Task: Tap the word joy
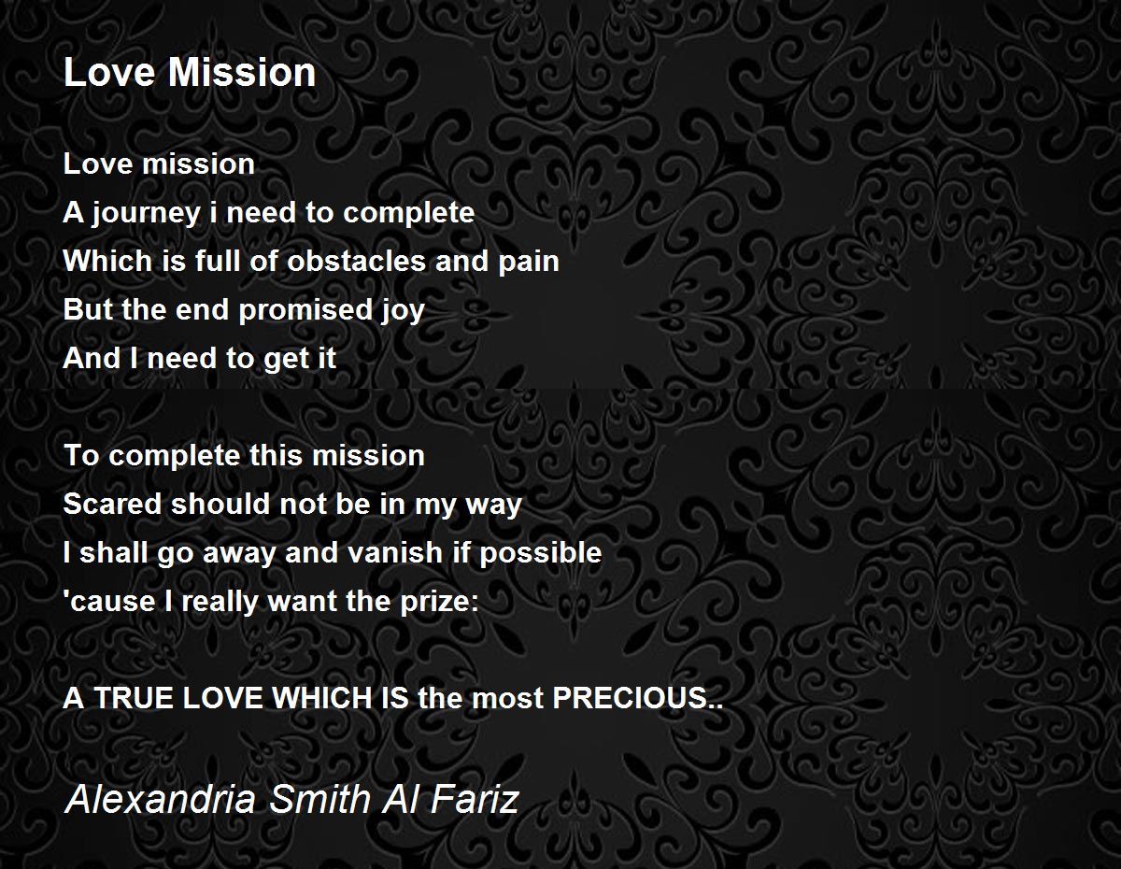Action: pyautogui.click(x=403, y=311)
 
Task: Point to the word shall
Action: pyautogui.click(x=104, y=552)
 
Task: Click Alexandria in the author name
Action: pyautogui.click(x=160, y=800)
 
